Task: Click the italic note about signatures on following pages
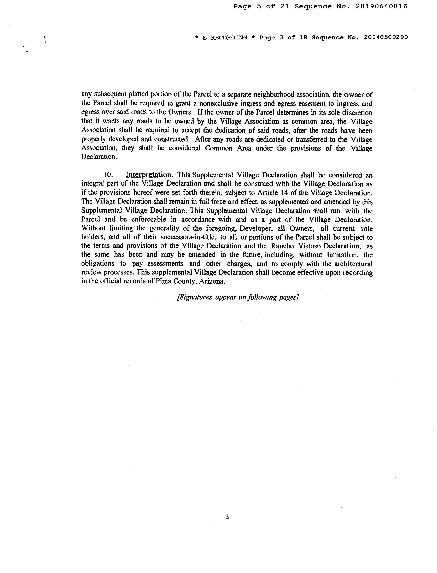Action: pyautogui.click(x=237, y=297)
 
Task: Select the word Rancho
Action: pyautogui.click(x=282, y=246)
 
